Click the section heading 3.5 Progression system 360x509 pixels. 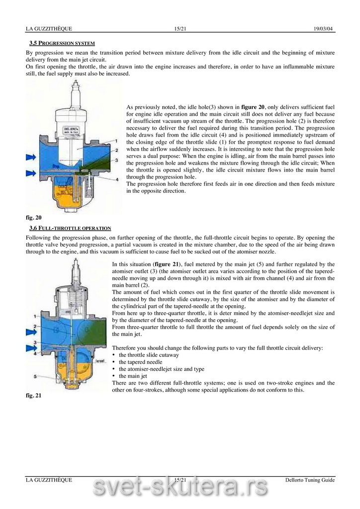click(x=62, y=43)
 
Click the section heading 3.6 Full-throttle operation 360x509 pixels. click(x=70, y=228)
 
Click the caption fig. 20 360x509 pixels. click(x=34, y=218)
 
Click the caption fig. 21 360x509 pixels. click(x=34, y=396)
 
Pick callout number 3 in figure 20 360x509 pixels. click(x=115, y=160)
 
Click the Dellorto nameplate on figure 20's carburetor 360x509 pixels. click(x=73, y=131)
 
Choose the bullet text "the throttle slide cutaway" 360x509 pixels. click(x=149, y=355)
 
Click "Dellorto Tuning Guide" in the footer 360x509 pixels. click(x=310, y=480)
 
